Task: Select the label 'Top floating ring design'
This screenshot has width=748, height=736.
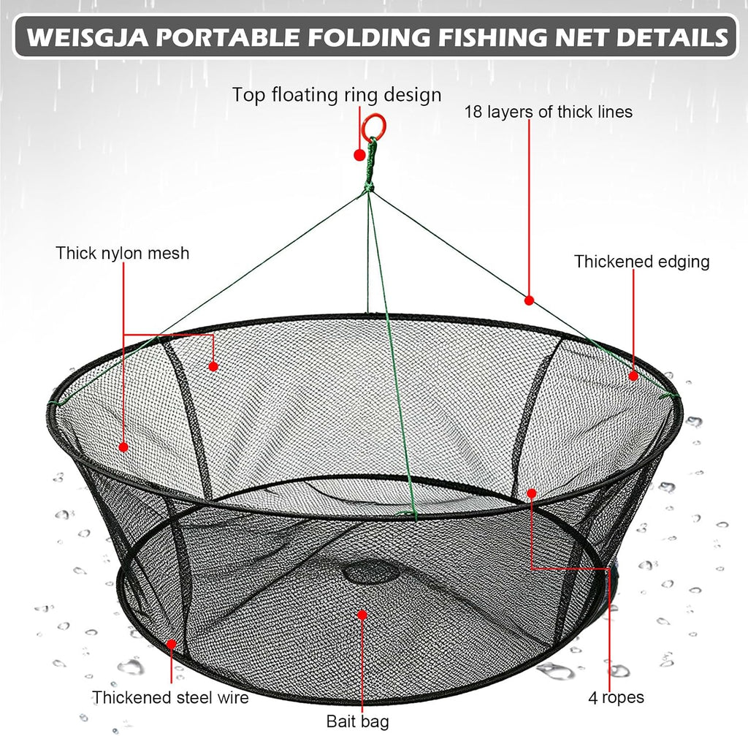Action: tap(337, 94)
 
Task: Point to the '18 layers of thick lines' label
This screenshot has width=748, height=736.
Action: tap(548, 112)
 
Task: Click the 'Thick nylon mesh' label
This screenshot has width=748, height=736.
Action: tap(123, 253)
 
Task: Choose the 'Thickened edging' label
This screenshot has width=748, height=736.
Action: tap(641, 262)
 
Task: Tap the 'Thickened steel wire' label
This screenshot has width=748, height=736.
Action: tap(170, 697)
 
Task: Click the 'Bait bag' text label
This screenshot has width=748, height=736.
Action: tap(357, 721)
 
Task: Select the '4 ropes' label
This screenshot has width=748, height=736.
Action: tap(616, 697)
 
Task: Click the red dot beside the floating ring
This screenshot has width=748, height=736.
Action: tap(359, 155)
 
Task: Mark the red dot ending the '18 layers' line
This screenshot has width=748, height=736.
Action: tap(529, 300)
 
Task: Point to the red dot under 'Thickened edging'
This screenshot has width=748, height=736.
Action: tap(633, 376)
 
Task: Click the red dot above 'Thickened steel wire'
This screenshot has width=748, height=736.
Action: tap(171, 645)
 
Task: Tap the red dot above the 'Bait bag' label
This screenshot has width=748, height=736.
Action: tap(362, 615)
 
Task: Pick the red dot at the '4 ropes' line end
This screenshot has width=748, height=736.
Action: tap(532, 493)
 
